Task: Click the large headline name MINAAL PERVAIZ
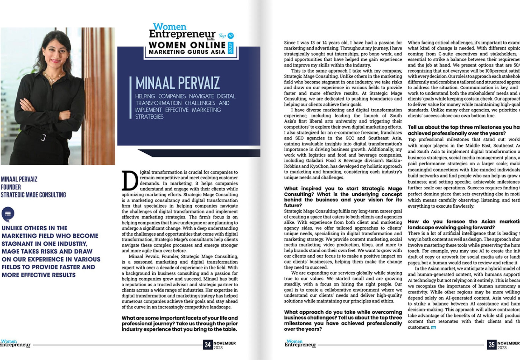click(x=177, y=83)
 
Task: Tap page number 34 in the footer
click(x=208, y=345)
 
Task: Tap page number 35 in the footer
click(x=491, y=345)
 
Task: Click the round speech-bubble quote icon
click(x=8, y=214)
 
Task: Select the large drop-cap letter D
click(x=130, y=180)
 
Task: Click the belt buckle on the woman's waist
click(x=43, y=137)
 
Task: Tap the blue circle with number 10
click(x=230, y=36)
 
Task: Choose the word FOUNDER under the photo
click(x=11, y=187)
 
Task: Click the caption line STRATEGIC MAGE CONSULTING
click(x=33, y=195)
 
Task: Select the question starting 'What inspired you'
click(x=343, y=197)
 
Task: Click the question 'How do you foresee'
click(x=464, y=224)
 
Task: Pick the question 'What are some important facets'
click(x=179, y=324)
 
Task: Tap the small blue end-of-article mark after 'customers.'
click(x=433, y=328)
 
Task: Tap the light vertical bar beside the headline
click(x=130, y=98)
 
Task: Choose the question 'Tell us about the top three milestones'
click(x=464, y=130)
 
